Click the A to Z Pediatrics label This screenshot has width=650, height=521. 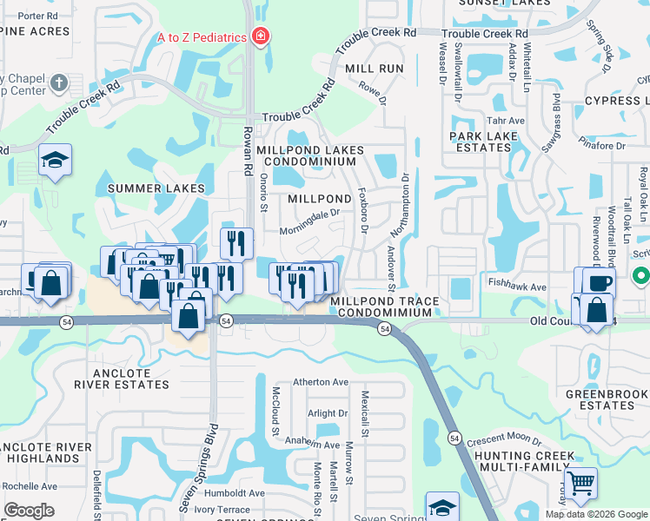click(202, 37)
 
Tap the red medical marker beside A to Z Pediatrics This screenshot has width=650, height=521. click(259, 36)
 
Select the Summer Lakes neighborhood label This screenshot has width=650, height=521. click(156, 188)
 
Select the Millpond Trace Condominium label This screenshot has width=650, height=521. click(381, 307)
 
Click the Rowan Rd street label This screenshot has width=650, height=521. click(247, 146)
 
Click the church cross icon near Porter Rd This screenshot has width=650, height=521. click(59, 83)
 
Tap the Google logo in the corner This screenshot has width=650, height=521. click(29, 511)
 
